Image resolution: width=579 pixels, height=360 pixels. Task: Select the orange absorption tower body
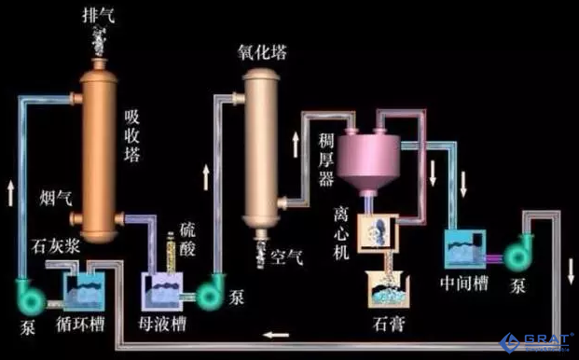click(98, 149)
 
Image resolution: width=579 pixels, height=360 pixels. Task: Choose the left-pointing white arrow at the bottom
click(276, 333)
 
